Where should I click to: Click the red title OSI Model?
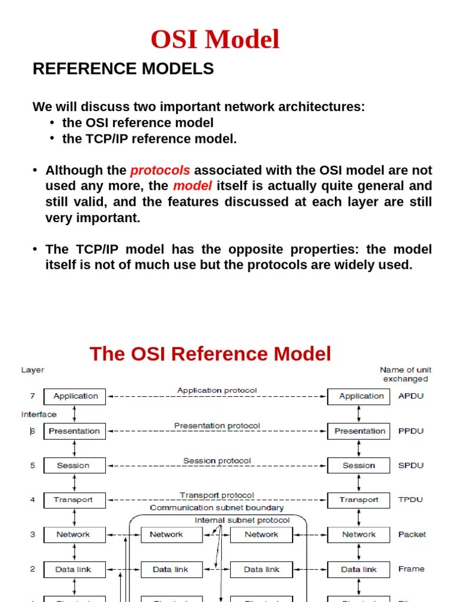point(215,40)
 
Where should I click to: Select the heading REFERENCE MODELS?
point(123,69)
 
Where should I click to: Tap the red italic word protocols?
point(160,170)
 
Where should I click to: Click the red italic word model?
point(192,186)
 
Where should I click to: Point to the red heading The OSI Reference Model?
point(210,354)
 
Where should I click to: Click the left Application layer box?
point(75,396)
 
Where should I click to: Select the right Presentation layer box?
point(358,431)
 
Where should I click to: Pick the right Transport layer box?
point(358,500)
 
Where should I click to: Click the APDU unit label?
point(411,396)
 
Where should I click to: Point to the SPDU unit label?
point(411,466)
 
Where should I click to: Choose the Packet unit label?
point(412,534)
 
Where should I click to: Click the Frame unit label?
point(411,569)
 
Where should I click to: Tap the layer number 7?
point(33,396)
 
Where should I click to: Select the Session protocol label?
point(217,460)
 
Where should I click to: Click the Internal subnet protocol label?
point(242,520)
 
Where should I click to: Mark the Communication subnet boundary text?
point(217,508)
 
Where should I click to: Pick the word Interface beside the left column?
point(39,414)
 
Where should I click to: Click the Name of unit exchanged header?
point(406,374)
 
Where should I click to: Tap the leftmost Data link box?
point(74,569)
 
